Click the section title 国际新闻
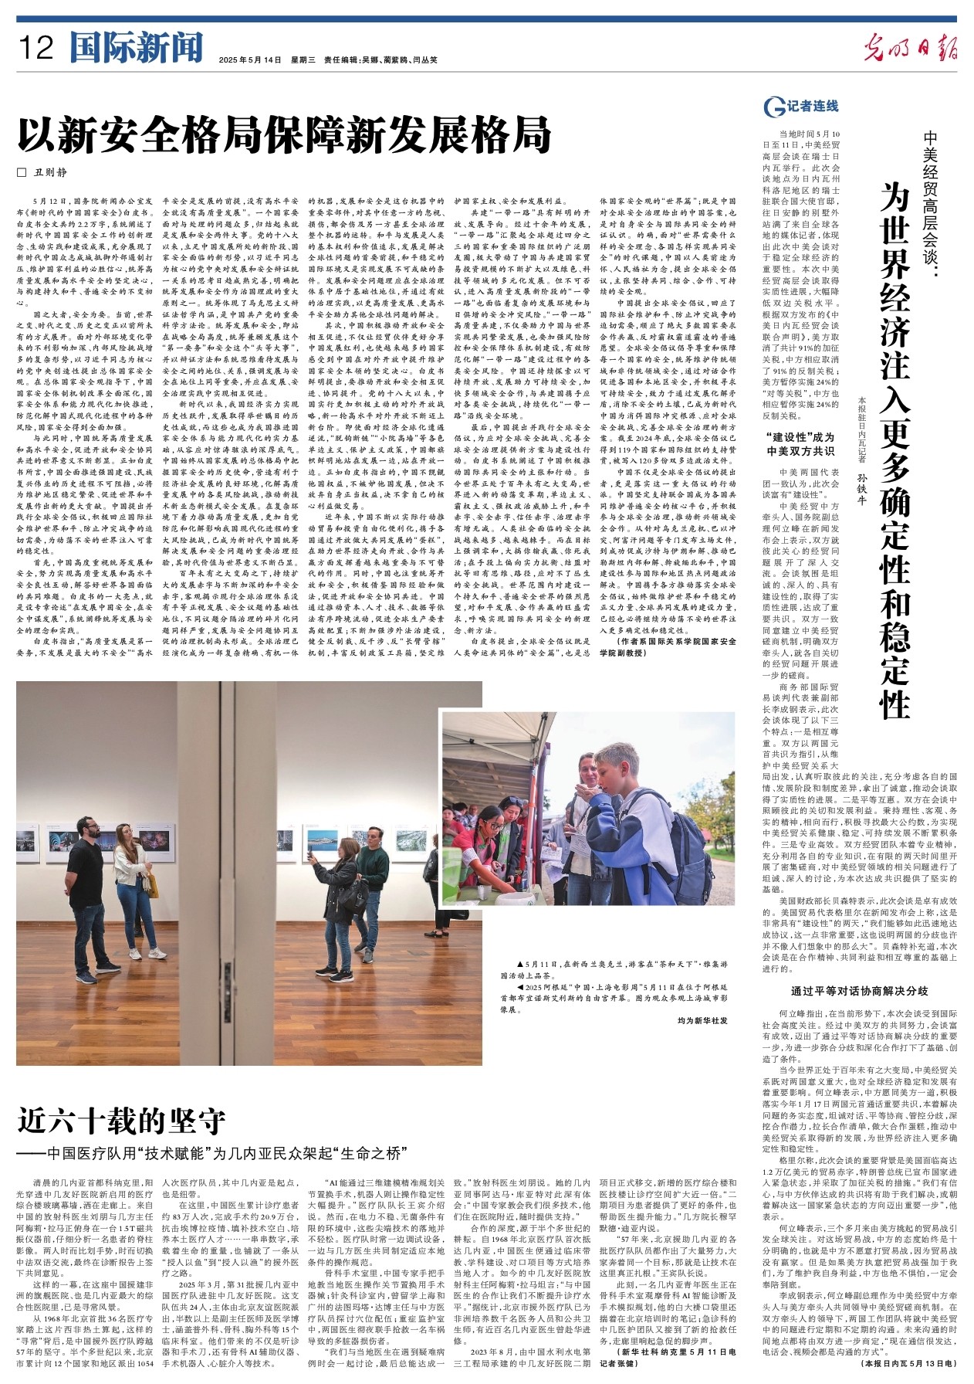click(x=136, y=48)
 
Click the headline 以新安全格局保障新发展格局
click(x=285, y=136)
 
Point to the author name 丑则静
click(x=49, y=173)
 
